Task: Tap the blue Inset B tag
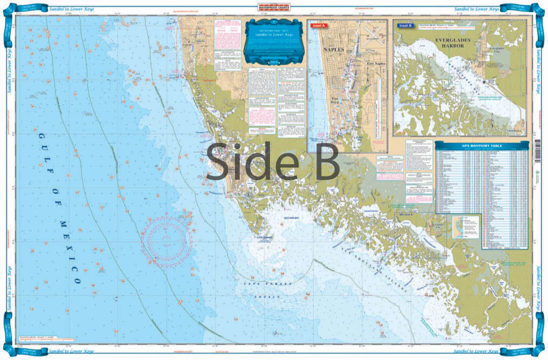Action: pyautogui.click(x=405, y=25)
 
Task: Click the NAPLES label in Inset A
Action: pyautogui.click(x=333, y=49)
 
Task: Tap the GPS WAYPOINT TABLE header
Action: pyautogui.click(x=482, y=146)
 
